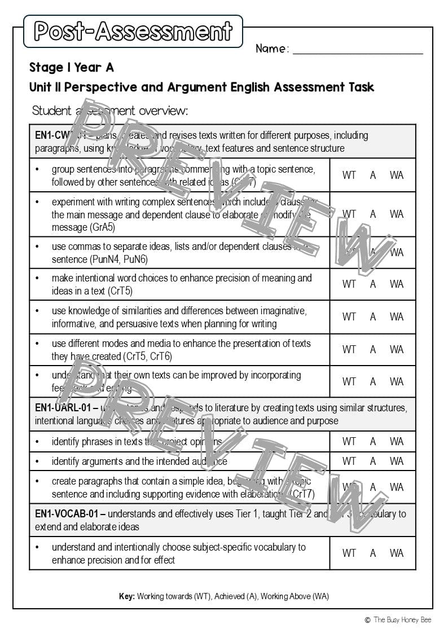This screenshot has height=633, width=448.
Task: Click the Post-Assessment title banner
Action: pyautogui.click(x=133, y=32)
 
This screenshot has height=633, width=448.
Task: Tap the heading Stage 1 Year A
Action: pyautogui.click(x=72, y=68)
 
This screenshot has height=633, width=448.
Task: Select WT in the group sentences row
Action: pyautogui.click(x=349, y=175)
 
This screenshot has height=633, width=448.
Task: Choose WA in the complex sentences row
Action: pyautogui.click(x=397, y=214)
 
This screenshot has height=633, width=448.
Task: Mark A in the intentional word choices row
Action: pyautogui.click(x=373, y=284)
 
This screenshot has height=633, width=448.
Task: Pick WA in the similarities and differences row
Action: pyautogui.click(x=397, y=317)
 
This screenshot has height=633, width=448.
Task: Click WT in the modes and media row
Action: pyautogui.click(x=349, y=350)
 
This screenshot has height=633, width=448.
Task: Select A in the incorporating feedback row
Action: pyautogui.click(x=373, y=382)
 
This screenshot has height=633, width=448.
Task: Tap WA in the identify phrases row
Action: pyautogui.click(x=397, y=442)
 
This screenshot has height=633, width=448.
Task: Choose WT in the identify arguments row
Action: pyautogui.click(x=349, y=461)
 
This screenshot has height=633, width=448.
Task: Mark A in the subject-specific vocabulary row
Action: pyautogui.click(x=373, y=553)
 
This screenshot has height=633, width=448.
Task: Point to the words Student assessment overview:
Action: pyautogui.click(x=110, y=111)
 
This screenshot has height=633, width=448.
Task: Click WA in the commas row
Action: pyautogui.click(x=397, y=253)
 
